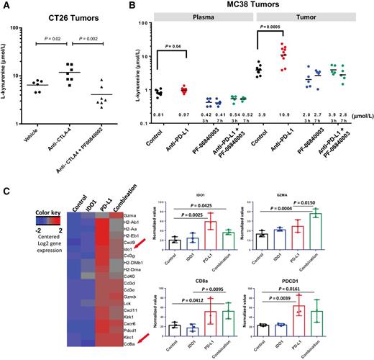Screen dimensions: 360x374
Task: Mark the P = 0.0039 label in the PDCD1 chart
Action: pyautogui.click(x=315, y=290)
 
